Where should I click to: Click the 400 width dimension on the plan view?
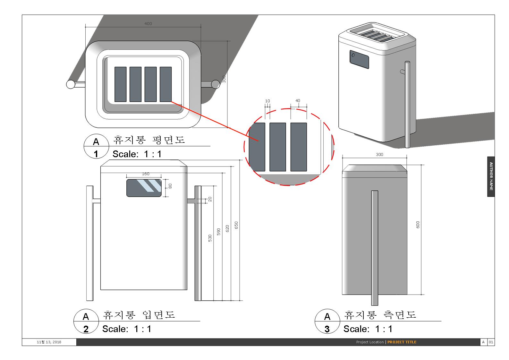pos(148,23)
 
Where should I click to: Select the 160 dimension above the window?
pos(145,174)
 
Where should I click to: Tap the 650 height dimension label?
pos(236,225)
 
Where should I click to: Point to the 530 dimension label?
pos(210,238)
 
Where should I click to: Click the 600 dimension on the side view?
pos(418,225)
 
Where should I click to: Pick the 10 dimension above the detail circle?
pos(267,101)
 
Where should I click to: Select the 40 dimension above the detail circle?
pos(298,101)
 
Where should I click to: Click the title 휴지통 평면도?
pos(149,140)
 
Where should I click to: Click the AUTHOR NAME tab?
pos(491,176)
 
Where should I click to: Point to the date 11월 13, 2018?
pos(49,342)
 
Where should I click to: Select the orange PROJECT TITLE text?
pos(402,342)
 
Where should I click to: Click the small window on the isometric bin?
pos(359,59)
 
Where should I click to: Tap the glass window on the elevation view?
pos(144,188)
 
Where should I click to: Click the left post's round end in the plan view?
pos(71,84)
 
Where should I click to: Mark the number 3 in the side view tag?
pos(327,329)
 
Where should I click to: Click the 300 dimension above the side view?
pos(379,154)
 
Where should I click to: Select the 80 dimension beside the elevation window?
pos(170,186)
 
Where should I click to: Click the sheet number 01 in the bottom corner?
pos(491,342)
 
